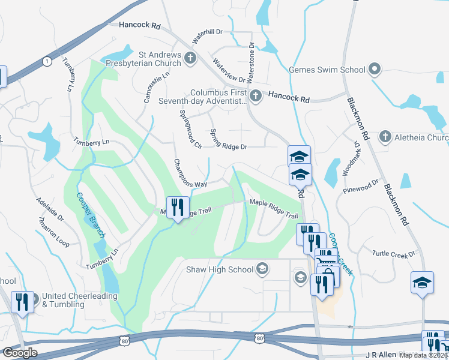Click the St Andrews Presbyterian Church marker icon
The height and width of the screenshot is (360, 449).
pos(190,58)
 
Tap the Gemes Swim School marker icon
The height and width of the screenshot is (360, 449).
pos(375,70)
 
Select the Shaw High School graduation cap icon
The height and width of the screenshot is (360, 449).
pos(262,269)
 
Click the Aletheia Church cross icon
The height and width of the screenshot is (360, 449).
pos(385,137)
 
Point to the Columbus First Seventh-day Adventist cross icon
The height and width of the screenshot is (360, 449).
pos(256,95)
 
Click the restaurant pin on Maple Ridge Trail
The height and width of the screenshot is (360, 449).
pos(178,208)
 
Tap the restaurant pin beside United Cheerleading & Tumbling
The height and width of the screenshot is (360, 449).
pos(22,302)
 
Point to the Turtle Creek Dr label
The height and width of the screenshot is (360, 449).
pos(394,253)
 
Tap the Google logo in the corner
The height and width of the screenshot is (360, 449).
pos(20,352)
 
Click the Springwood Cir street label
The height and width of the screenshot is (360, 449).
pos(190,128)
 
